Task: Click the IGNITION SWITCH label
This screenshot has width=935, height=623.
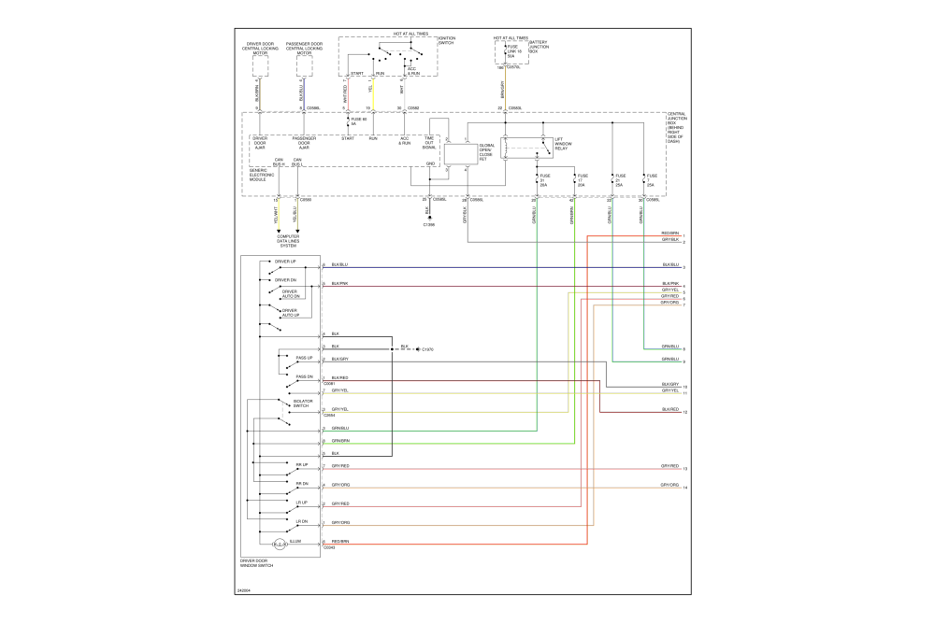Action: pos(447,40)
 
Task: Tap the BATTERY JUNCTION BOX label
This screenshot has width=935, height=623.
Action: pos(539,47)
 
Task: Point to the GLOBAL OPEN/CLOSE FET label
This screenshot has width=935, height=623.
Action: pos(488,153)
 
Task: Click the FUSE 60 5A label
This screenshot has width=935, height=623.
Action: pos(359,120)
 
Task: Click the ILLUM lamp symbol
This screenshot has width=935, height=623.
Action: pos(278,543)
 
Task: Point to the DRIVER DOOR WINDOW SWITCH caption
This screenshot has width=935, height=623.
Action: pos(257,563)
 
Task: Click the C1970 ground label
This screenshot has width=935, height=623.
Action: pos(428,349)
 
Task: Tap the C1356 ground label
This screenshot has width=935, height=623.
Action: pos(429,224)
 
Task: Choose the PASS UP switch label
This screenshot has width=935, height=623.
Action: pos(304,358)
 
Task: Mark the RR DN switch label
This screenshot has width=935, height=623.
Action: pos(302,484)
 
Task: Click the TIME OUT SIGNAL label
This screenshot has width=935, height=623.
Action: pos(429,143)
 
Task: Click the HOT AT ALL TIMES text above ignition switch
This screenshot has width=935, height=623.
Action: pos(410,34)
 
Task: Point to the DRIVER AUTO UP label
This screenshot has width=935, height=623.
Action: pos(290,313)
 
